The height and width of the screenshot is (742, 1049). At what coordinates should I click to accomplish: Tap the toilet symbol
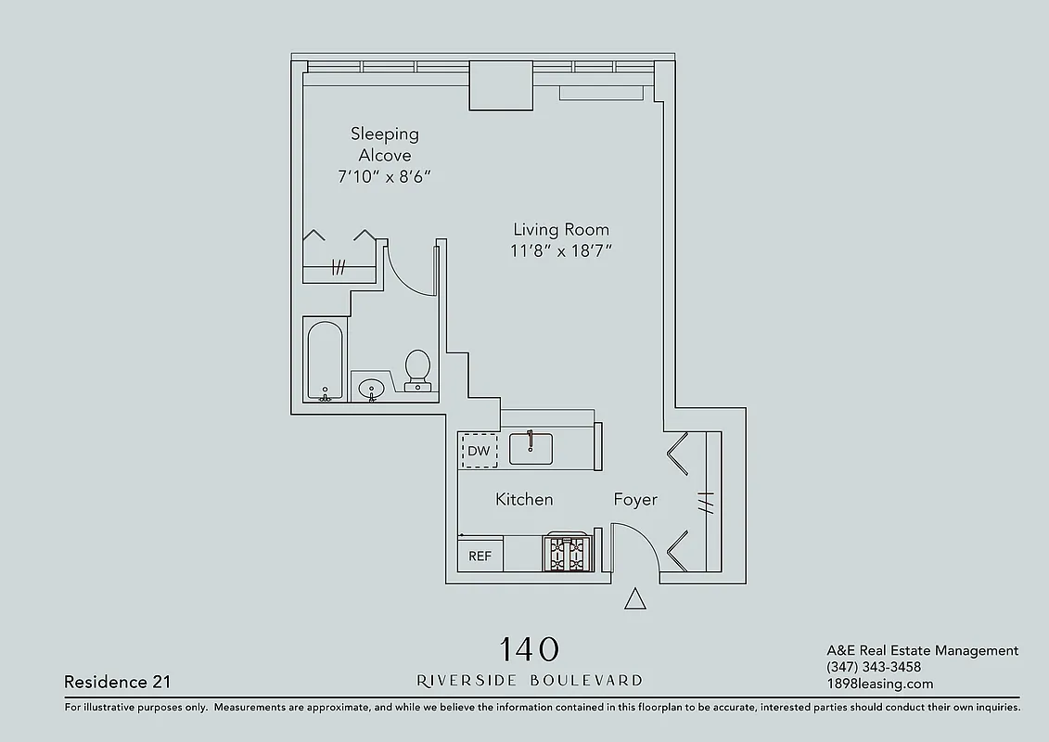(418, 369)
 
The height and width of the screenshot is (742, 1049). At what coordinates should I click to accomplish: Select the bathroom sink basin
(373, 389)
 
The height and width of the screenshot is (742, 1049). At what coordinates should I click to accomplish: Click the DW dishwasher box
(479, 451)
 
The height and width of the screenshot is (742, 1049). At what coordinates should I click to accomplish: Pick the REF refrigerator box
(480, 556)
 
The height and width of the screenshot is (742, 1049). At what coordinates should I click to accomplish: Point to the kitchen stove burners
(568, 554)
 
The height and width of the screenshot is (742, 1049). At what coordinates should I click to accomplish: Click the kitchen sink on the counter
(531, 449)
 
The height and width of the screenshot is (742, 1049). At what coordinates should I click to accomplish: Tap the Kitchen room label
(524, 499)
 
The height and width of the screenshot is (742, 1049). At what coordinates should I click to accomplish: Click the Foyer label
(635, 499)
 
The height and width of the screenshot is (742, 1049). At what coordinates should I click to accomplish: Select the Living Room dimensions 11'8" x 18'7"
(561, 250)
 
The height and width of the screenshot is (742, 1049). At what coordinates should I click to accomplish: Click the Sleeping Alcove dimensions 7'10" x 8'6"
(385, 177)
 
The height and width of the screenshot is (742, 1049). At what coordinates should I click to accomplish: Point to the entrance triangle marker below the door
(634, 599)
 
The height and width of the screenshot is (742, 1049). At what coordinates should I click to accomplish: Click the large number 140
(530, 648)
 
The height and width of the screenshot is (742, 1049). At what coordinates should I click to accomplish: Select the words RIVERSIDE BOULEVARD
(530, 680)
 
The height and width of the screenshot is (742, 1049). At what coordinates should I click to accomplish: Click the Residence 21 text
(117, 682)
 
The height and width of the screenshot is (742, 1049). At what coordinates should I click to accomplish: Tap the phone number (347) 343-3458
(873, 667)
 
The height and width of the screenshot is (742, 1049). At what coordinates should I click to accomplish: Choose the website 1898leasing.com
(879, 684)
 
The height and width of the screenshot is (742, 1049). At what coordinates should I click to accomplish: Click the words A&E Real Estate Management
(922, 650)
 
